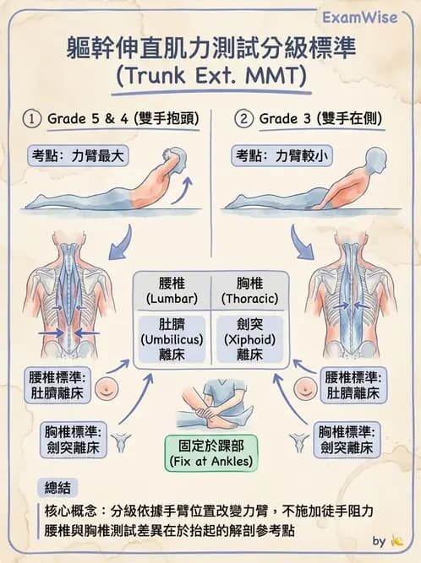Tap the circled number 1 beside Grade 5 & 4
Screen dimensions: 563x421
coord(35,118)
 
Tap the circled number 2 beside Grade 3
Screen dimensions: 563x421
coord(244,118)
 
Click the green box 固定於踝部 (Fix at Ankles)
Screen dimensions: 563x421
coord(210,452)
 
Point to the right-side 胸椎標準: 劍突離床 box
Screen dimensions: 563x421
coord(344,440)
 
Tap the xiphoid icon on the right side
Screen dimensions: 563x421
coord(298,440)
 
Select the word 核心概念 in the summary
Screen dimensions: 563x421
coord(73,511)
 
